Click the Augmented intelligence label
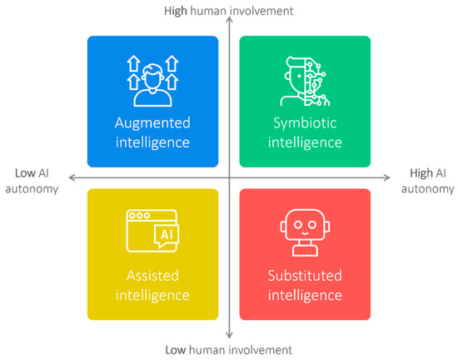tap(152, 132)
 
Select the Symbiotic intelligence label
tap(305, 132)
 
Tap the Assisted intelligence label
tap(152, 284)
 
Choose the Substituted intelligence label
tap(305, 284)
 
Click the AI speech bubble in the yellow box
tap(166, 237)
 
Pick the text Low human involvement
tap(229, 348)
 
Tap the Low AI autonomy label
tap(36, 181)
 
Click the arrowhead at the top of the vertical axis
tap(229, 24)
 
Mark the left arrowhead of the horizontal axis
tap(71, 177)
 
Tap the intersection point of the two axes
tap(229, 177)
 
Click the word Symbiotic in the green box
tap(305, 123)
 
